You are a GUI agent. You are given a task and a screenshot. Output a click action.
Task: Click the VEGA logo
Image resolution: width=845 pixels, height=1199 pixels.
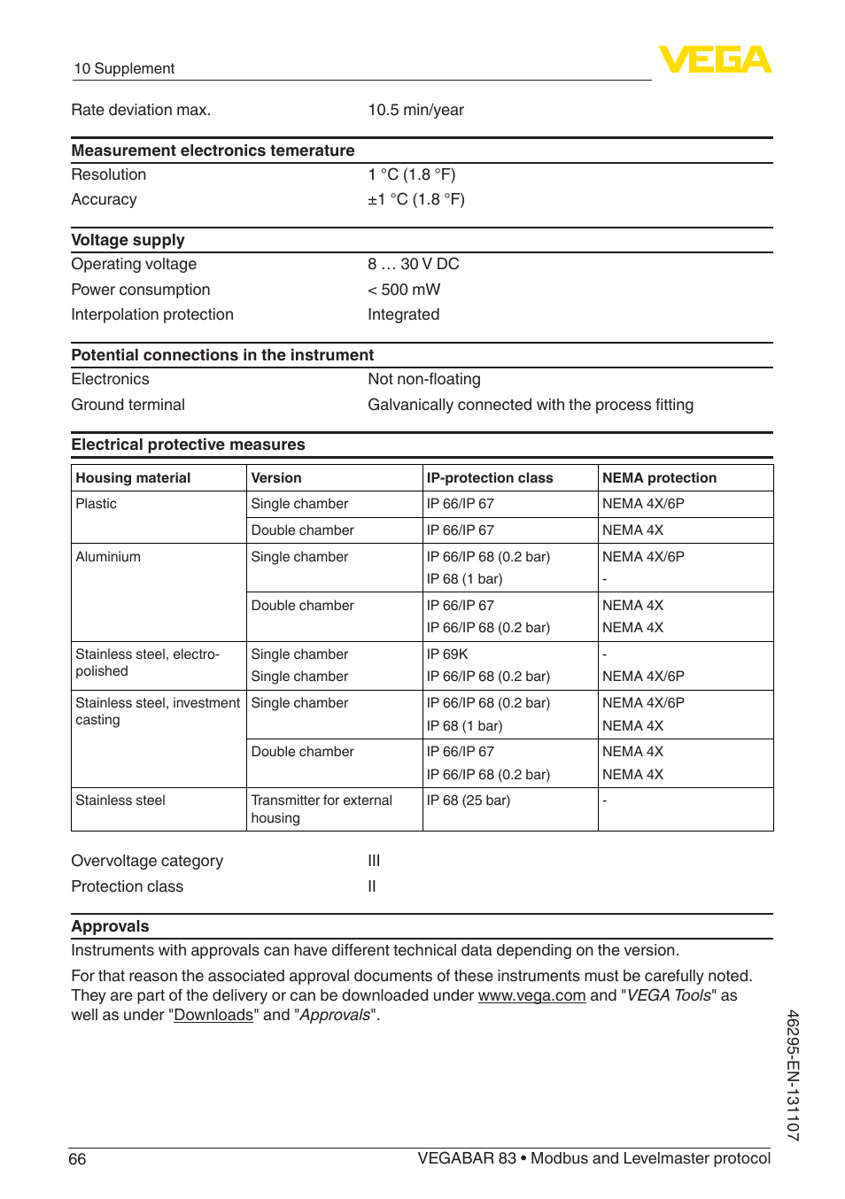(x=715, y=60)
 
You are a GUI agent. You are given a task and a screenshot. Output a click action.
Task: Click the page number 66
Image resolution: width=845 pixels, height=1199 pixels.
(x=78, y=1159)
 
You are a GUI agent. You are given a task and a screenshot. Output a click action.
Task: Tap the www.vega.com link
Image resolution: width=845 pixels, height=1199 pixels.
(x=531, y=995)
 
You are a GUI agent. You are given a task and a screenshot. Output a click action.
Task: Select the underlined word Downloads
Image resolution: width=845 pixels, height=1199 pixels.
(x=213, y=1015)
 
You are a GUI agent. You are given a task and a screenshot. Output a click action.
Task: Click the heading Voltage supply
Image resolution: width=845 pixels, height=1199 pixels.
(x=128, y=240)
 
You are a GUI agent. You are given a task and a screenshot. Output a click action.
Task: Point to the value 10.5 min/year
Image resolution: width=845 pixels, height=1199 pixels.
(x=415, y=110)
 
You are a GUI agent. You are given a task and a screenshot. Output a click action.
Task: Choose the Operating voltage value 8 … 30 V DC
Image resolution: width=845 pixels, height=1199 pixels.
(x=413, y=264)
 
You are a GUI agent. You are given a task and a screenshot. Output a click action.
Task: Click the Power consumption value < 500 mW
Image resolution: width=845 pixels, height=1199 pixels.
(x=404, y=290)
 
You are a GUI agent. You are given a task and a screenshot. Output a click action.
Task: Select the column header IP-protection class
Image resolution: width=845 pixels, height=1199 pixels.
(x=489, y=478)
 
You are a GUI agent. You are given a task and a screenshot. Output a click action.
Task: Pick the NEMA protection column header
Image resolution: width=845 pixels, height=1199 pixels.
(x=659, y=478)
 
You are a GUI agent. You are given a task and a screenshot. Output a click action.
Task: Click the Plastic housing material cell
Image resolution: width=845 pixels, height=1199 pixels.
(x=96, y=504)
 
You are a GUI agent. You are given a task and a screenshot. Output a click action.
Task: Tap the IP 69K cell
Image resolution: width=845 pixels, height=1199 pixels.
(x=447, y=654)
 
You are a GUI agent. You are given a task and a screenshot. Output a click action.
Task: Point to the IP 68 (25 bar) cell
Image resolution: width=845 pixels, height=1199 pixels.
(x=468, y=801)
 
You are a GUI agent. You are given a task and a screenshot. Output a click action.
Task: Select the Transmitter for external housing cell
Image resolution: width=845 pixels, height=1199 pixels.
(x=321, y=809)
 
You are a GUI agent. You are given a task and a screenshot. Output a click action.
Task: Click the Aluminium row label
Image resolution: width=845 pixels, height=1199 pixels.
(x=108, y=557)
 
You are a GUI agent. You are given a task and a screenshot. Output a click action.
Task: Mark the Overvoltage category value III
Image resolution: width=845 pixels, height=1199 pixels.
(x=374, y=861)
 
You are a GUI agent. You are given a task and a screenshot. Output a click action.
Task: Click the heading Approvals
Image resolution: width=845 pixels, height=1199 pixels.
(x=110, y=926)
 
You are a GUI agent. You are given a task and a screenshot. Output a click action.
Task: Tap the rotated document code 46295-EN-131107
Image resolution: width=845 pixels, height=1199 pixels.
(x=793, y=1075)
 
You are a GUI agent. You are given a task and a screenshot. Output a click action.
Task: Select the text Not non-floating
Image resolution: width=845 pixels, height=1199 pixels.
(x=423, y=379)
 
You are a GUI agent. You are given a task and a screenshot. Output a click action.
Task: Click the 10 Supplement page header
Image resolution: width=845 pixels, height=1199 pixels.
(x=124, y=69)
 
